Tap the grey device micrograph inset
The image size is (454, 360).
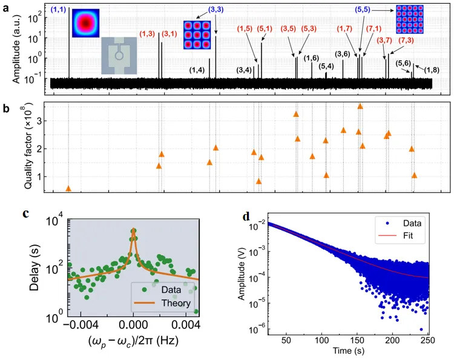click(x=119, y=56)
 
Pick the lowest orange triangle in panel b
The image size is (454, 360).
click(x=68, y=189)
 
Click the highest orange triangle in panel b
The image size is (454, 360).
click(x=360, y=106)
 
